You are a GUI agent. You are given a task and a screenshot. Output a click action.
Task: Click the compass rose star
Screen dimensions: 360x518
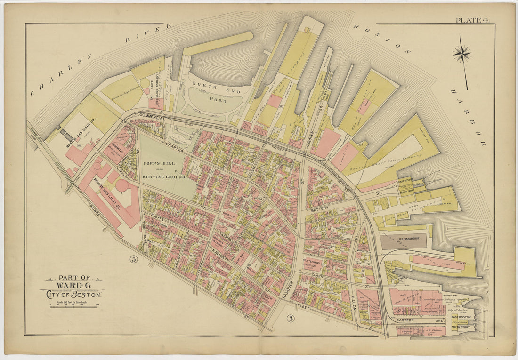(462, 54)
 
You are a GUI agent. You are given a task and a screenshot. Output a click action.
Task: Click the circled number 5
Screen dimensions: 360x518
(134, 258)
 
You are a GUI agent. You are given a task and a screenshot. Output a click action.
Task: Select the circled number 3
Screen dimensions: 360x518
(290, 319)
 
